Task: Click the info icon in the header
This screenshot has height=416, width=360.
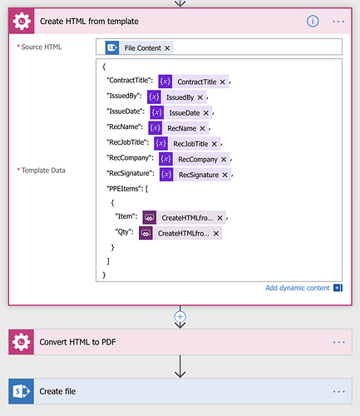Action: [x=313, y=22]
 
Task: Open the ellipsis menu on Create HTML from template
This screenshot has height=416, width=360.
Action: [x=338, y=22]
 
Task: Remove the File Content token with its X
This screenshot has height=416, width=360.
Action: [x=167, y=48]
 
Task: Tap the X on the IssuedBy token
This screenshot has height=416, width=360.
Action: [x=200, y=97]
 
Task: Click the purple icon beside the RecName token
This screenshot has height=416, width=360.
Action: [x=155, y=128]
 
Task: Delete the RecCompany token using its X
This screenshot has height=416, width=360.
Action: [x=224, y=160]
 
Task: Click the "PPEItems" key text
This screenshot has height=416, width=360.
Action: [x=125, y=189]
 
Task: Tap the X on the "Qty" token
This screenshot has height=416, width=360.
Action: [x=216, y=234]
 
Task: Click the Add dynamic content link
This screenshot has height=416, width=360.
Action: [x=298, y=288]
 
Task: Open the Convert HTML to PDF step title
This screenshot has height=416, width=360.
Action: [x=77, y=342]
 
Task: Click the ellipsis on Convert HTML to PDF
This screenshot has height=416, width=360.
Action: [x=339, y=342]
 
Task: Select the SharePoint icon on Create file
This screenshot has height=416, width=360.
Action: [x=22, y=391]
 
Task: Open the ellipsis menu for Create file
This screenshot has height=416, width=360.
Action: [x=339, y=391]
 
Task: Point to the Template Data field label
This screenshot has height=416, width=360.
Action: [x=43, y=171]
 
